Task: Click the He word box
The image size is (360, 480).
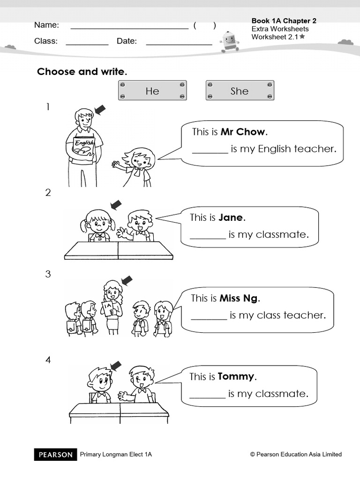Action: [152, 90]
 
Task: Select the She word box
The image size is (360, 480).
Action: [240, 90]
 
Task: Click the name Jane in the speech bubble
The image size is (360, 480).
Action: [231, 217]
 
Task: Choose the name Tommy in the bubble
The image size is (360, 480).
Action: [236, 376]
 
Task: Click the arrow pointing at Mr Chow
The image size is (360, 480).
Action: [100, 110]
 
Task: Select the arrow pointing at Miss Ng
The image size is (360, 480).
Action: [127, 281]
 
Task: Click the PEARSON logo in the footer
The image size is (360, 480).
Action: [56, 454]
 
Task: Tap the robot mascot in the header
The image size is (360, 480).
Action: [229, 41]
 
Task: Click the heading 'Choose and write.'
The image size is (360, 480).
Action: [82, 72]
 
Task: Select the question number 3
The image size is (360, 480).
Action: [48, 274]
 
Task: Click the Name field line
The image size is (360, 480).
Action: [129, 28]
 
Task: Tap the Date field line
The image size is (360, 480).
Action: [179, 44]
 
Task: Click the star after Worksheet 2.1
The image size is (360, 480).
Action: [302, 36]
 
